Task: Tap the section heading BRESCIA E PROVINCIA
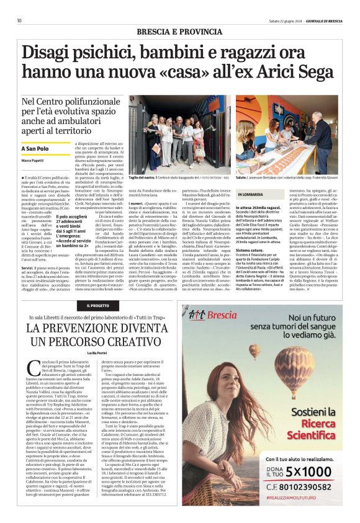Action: click(x=180, y=32)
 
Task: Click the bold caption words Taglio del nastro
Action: click(x=154, y=178)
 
